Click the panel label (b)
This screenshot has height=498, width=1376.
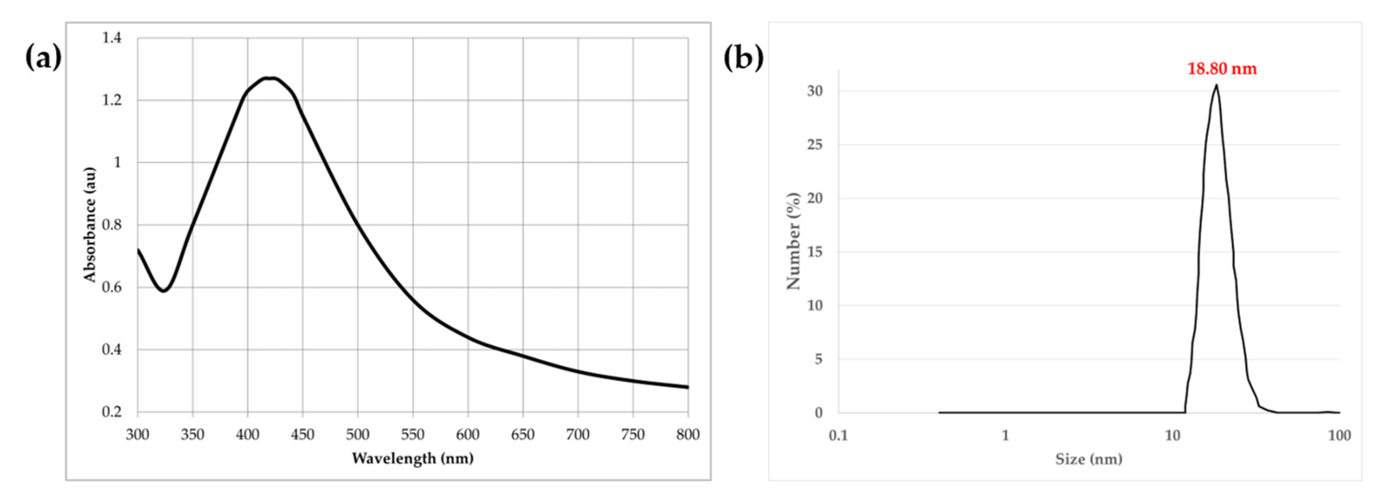(743, 57)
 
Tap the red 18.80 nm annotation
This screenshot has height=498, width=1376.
(1221, 69)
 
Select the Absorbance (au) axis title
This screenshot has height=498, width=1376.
(89, 225)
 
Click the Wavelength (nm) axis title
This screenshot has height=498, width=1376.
(412, 458)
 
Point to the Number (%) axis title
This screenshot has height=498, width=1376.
(794, 241)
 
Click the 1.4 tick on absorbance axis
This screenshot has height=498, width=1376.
(112, 38)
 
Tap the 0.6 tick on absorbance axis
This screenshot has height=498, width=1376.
(112, 287)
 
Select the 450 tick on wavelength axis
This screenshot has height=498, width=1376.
(302, 434)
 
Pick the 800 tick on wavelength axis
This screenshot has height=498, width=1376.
(687, 434)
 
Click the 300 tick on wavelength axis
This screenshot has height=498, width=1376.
(138, 434)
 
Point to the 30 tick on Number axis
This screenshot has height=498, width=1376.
(815, 91)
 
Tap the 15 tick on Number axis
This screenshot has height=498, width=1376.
(815, 252)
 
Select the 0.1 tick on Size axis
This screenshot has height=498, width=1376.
(838, 436)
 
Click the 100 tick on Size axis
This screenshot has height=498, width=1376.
(1339, 436)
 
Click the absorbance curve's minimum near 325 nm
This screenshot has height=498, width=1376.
(163, 291)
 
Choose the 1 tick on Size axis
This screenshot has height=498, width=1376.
(1005, 436)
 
